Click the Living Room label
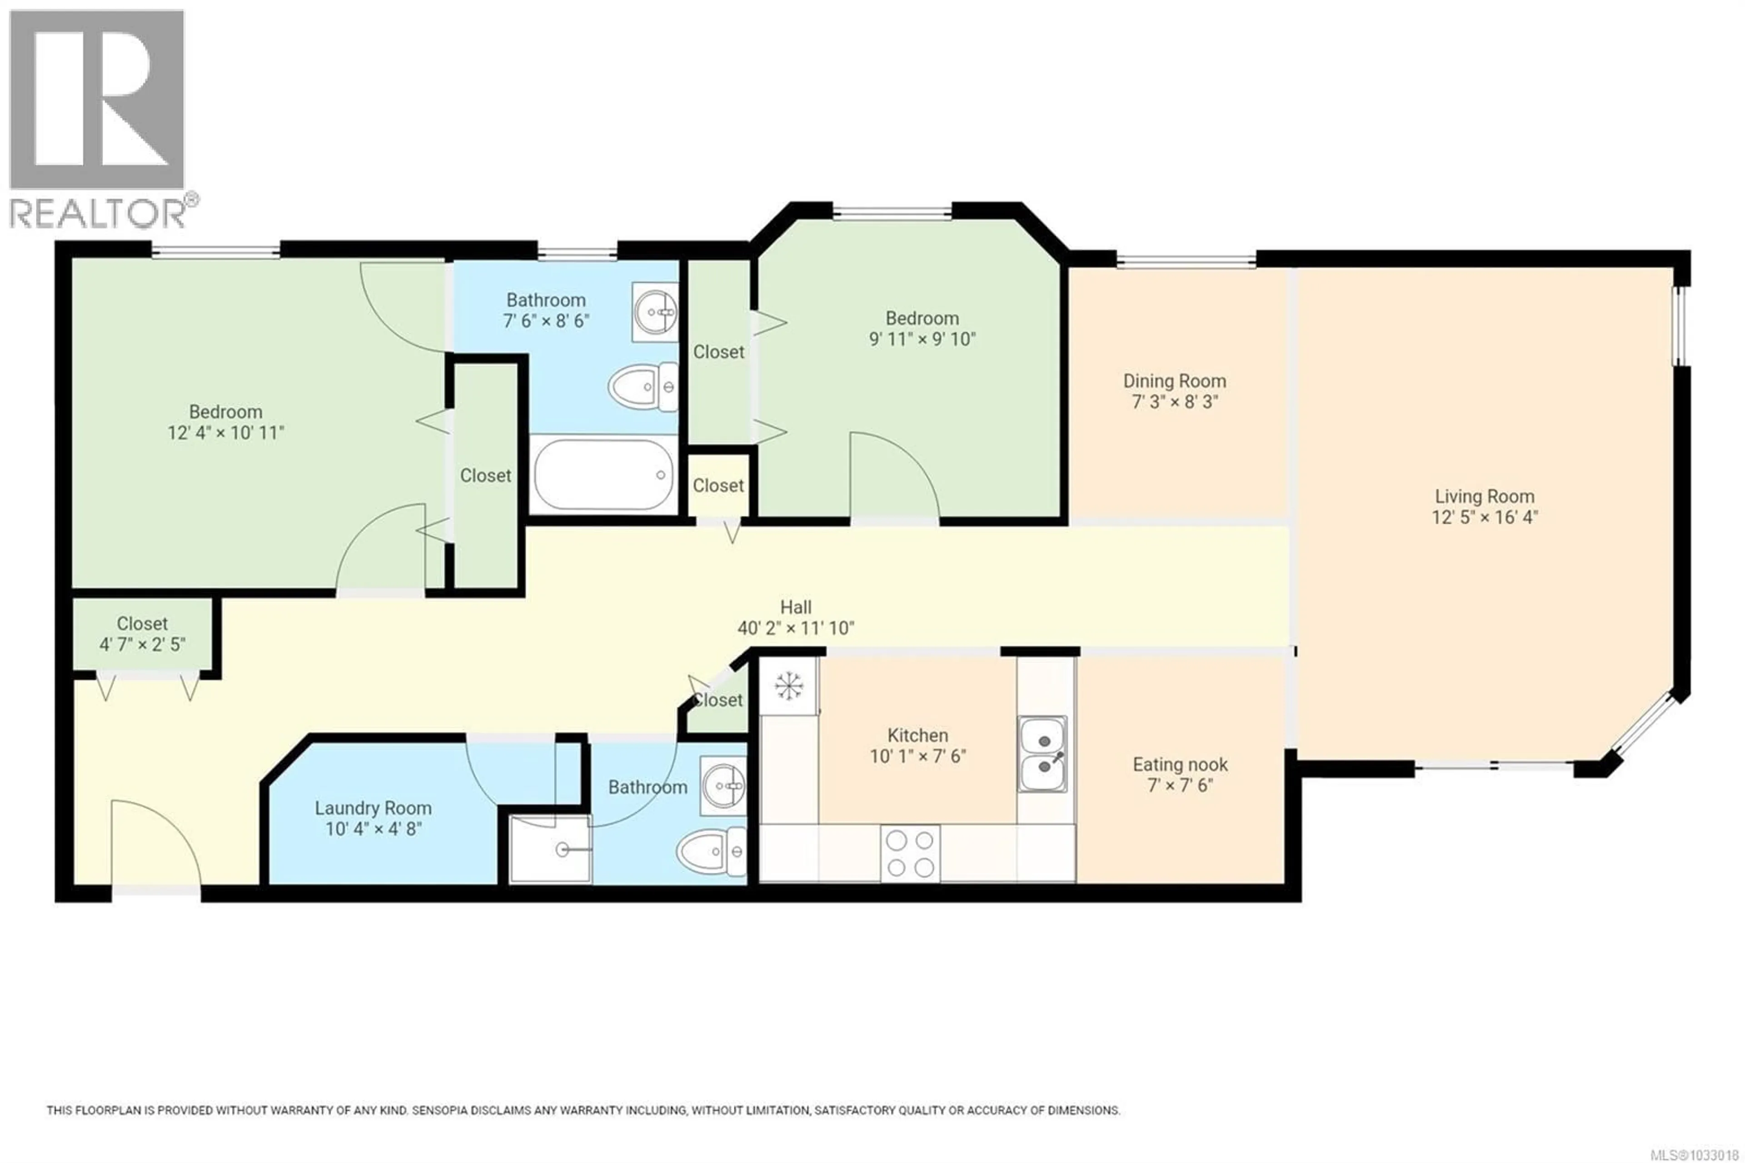1484,496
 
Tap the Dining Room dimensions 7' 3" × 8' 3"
1174,402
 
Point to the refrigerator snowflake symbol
789,686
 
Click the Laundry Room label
373,808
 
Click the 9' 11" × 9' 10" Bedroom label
922,318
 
